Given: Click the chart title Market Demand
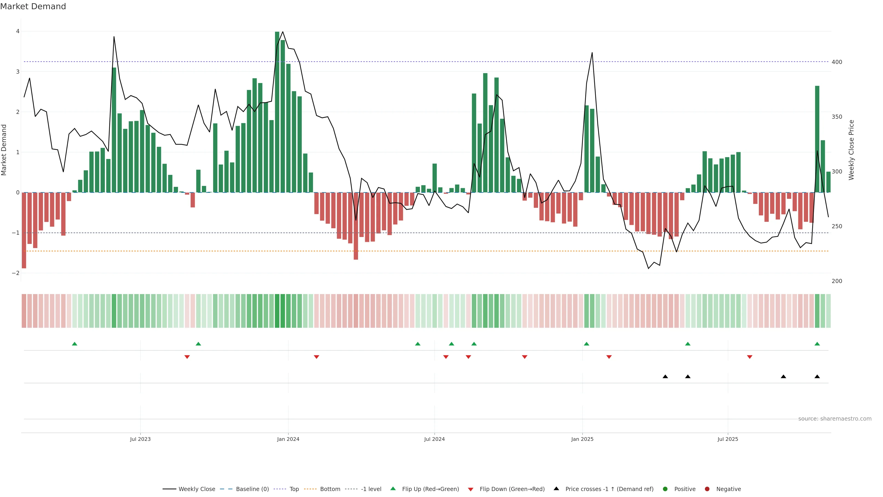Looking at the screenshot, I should (33, 6).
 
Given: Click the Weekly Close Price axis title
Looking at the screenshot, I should (851, 150).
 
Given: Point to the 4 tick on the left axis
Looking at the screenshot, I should (17, 31).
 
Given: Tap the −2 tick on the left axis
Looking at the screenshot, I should (16, 273).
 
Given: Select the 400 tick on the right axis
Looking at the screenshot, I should (837, 62).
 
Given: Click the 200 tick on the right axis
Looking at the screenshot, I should (837, 281).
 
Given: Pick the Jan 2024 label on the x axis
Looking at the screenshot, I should (288, 439).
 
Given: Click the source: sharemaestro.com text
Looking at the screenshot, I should (835, 419).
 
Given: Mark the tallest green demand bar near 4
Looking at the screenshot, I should (277, 112).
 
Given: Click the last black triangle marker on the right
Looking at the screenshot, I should (817, 377).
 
